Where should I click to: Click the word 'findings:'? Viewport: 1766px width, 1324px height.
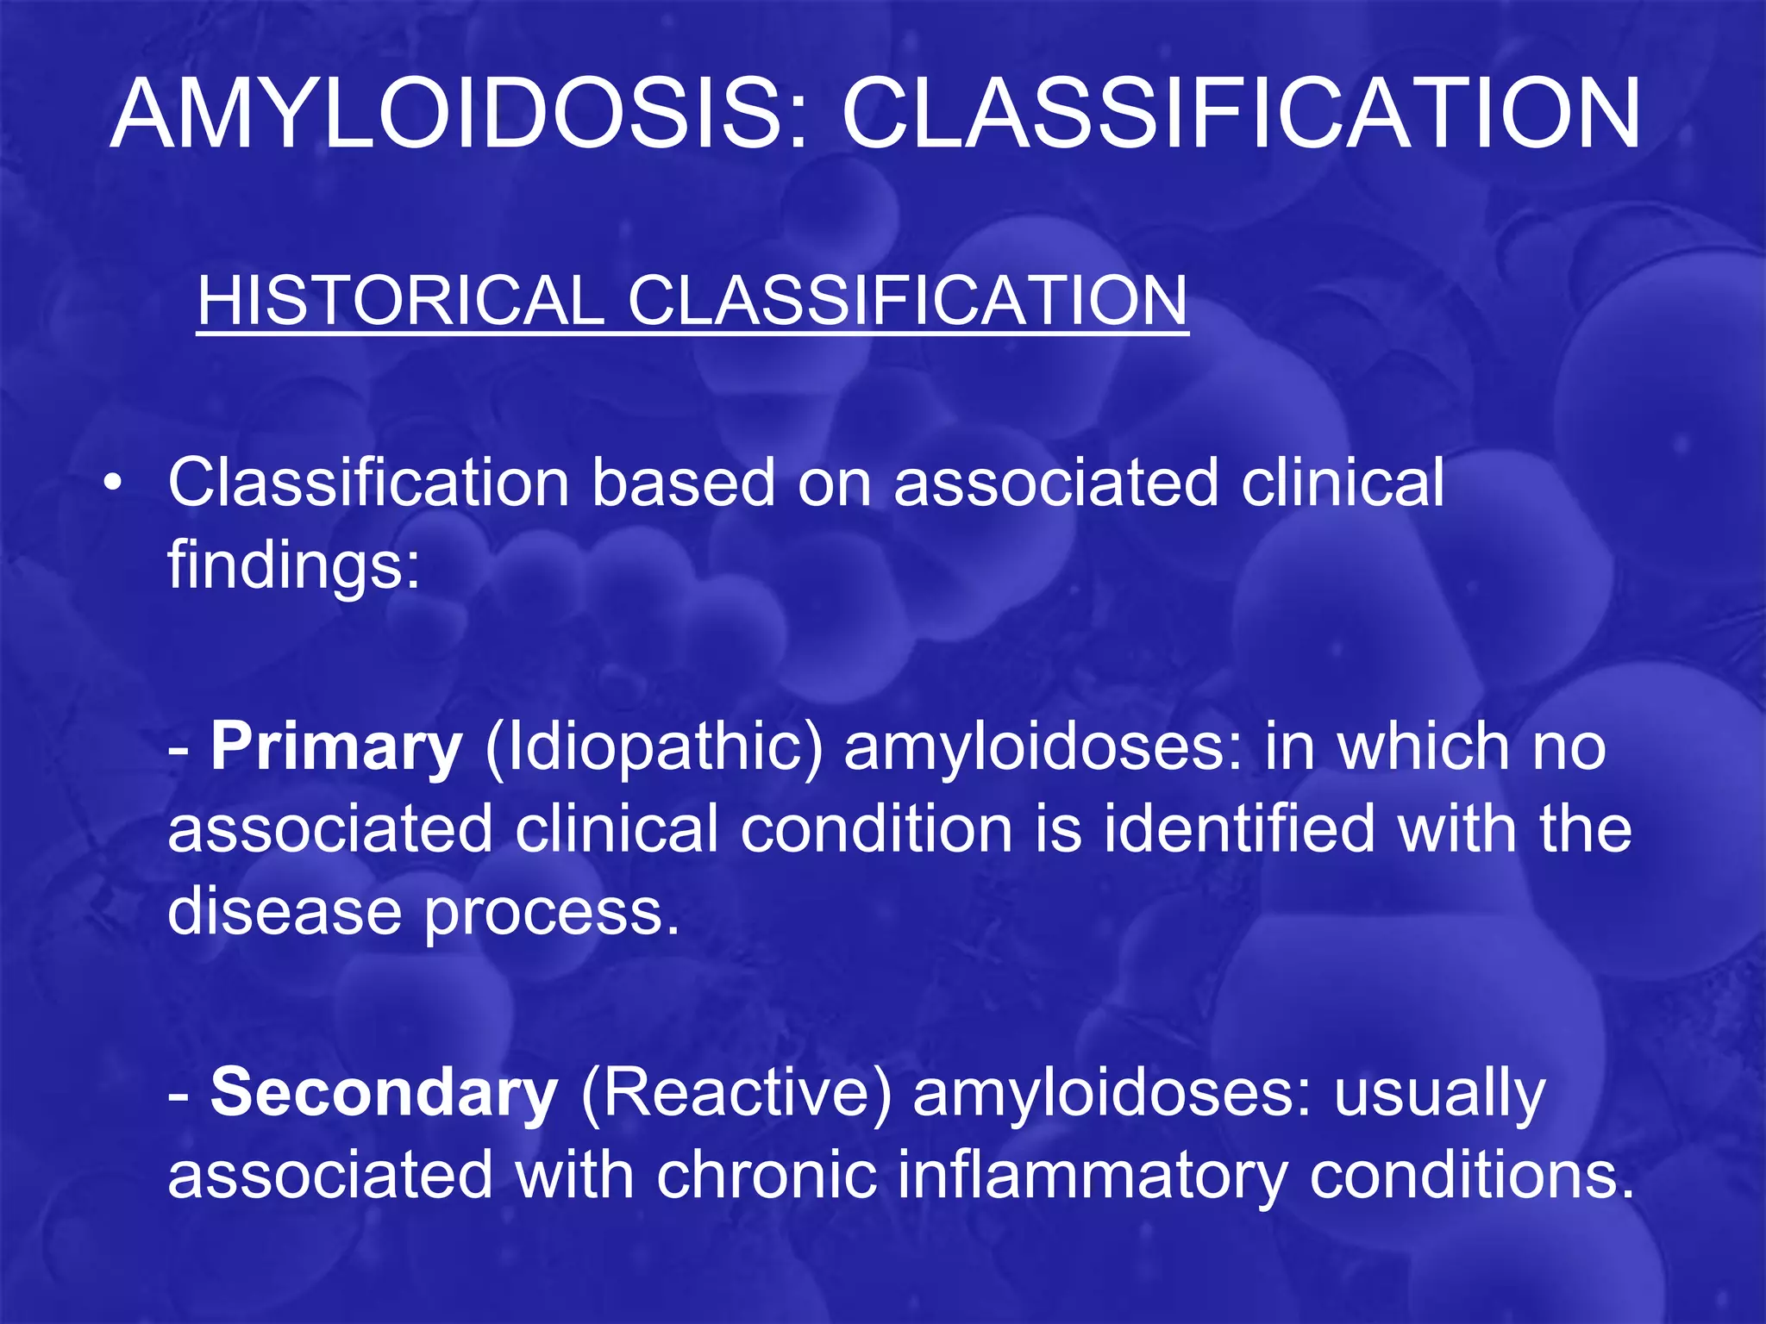[x=294, y=566]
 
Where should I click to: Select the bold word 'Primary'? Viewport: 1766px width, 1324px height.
[x=336, y=746]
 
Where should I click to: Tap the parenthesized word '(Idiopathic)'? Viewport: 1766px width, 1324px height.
[x=654, y=746]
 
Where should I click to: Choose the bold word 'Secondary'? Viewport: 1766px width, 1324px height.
[x=384, y=1093]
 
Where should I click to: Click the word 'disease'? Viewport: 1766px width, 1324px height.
[x=285, y=911]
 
